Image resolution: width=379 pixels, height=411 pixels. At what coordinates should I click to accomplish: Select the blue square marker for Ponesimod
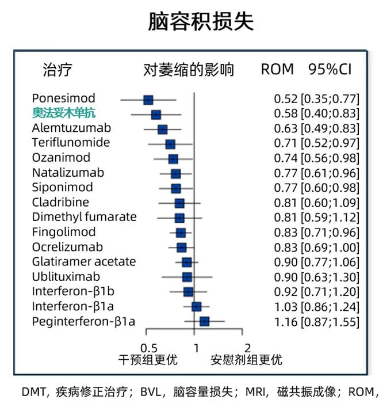(x=148, y=100)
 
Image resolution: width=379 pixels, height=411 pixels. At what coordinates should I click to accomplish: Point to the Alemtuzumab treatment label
(x=71, y=128)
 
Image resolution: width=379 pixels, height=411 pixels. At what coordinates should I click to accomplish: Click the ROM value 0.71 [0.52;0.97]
(x=316, y=143)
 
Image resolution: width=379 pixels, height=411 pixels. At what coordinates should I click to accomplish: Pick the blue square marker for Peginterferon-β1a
(x=204, y=321)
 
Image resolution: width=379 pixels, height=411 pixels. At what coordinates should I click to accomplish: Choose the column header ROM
(x=277, y=70)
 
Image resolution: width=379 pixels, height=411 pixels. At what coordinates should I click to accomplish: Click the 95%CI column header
(x=330, y=70)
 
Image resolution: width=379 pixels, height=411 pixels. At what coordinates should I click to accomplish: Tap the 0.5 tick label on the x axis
(x=149, y=347)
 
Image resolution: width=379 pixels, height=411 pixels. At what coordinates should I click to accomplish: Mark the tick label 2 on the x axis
(x=247, y=347)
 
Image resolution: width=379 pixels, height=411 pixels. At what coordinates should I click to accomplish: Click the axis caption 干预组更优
(x=148, y=360)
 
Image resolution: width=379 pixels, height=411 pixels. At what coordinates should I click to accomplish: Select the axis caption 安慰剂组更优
(x=246, y=360)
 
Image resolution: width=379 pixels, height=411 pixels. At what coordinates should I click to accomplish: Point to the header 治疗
(x=58, y=70)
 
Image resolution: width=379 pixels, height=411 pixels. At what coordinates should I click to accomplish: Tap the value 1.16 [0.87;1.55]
(x=316, y=321)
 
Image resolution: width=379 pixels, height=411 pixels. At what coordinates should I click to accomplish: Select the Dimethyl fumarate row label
(x=84, y=217)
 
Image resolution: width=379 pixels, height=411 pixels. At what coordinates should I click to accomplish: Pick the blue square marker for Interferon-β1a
(x=196, y=306)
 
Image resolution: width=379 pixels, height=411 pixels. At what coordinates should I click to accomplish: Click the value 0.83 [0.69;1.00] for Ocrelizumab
(x=316, y=247)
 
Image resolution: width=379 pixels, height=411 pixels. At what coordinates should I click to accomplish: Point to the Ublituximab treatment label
(x=66, y=276)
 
